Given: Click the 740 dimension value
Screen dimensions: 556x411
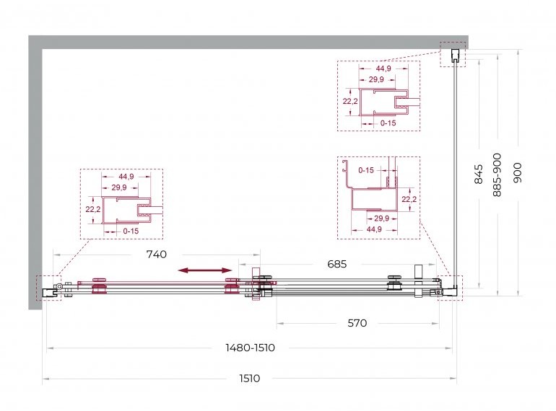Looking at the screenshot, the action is point(157,255).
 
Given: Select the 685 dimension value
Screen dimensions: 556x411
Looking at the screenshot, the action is point(337,264).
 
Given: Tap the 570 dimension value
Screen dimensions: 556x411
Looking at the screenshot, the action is point(357,323).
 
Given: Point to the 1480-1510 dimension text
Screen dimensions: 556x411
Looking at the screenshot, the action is point(250,348).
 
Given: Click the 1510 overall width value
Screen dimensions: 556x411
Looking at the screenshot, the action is point(250,379).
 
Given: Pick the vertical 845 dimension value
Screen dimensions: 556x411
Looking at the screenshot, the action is point(479,174).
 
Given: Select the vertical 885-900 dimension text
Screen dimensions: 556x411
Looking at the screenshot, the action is point(497,175).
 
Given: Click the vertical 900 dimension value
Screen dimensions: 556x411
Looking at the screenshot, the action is point(518,173).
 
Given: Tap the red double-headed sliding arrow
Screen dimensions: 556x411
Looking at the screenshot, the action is point(205,270).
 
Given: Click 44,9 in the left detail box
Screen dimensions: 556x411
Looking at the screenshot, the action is point(126,176).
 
